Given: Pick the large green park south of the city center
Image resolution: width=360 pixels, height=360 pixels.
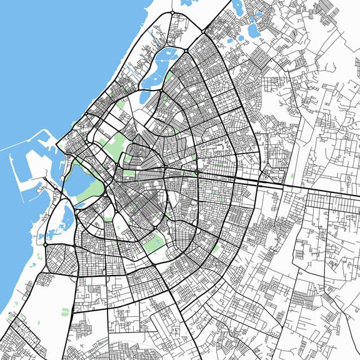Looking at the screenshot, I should pyautogui.click(x=152, y=244).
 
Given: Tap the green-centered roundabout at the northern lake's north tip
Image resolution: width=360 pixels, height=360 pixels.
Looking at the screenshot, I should pyautogui.click(x=186, y=51).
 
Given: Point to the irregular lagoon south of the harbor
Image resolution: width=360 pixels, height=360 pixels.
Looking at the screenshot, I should pyautogui.click(x=66, y=219).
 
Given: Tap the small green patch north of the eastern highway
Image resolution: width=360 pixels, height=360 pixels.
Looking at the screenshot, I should pyautogui.click(x=292, y=176).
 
